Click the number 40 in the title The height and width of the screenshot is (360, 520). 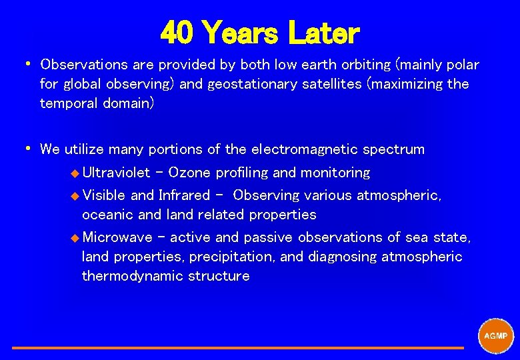tap(178, 32)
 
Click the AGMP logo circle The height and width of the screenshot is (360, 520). tap(496, 336)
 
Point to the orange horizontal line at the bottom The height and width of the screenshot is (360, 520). tap(237, 347)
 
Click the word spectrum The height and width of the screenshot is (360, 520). tap(399, 149)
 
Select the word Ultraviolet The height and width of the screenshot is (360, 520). tap(116, 173)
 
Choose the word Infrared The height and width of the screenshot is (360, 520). tap(184, 195)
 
